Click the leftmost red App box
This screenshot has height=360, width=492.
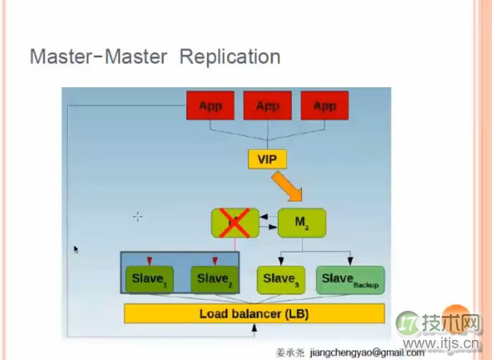pyautogui.click(x=211, y=106)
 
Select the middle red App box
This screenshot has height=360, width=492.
pyautogui.click(x=267, y=106)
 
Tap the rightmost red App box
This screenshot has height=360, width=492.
pyautogui.click(x=324, y=106)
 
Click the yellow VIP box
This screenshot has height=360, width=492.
pyautogui.click(x=267, y=159)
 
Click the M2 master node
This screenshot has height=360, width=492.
pyautogui.click(x=302, y=222)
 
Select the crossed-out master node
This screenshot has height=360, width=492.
pyautogui.click(x=235, y=223)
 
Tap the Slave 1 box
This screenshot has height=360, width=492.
pyautogui.click(x=148, y=278)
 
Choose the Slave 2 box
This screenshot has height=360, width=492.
pyautogui.click(x=213, y=278)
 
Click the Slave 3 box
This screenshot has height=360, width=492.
pyautogui.click(x=281, y=279)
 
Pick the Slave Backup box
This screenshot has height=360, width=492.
pyautogui.click(x=350, y=279)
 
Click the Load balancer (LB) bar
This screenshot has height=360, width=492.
pyautogui.click(x=254, y=313)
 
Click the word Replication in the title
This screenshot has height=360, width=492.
pyautogui.click(x=229, y=57)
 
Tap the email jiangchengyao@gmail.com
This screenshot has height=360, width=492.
pyautogui.click(x=367, y=352)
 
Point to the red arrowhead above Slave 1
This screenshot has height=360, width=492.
pyautogui.click(x=149, y=260)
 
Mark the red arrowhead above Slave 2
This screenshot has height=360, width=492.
pyautogui.click(x=214, y=260)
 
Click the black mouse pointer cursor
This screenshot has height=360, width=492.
pyautogui.click(x=76, y=249)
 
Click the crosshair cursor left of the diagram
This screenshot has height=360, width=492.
pyautogui.click(x=138, y=216)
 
